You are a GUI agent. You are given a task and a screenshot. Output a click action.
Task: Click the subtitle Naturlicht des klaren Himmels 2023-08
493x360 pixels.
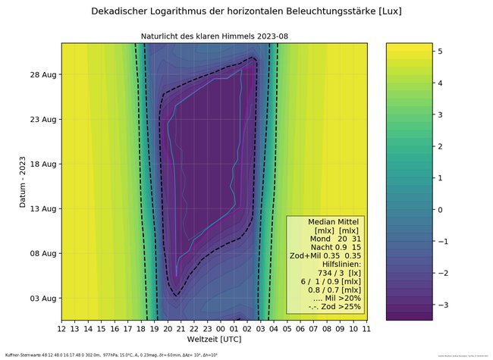[x=215, y=36]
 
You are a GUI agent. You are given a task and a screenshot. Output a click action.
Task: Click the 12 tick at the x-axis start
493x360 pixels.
[x=61, y=328]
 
